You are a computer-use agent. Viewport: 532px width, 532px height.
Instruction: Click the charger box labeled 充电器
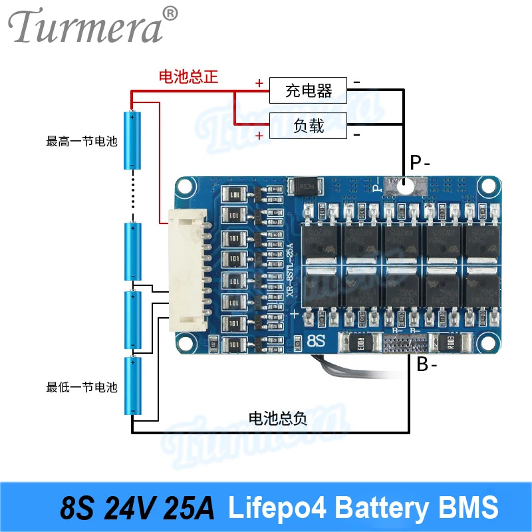(308, 90)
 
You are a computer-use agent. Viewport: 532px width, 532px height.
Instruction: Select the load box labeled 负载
(308, 125)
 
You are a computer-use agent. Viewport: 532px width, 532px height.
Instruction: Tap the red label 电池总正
(188, 76)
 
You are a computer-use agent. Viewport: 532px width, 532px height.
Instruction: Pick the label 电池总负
(277, 418)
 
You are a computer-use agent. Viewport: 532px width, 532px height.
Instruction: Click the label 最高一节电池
(81, 141)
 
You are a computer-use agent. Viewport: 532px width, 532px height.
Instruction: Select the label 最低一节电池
(81, 387)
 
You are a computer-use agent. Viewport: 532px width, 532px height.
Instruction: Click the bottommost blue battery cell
(133, 386)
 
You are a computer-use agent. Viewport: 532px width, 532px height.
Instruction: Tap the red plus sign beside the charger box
(259, 83)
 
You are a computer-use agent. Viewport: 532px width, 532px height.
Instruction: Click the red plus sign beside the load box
(259, 136)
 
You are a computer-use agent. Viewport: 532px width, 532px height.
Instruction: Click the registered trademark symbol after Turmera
(171, 13)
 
